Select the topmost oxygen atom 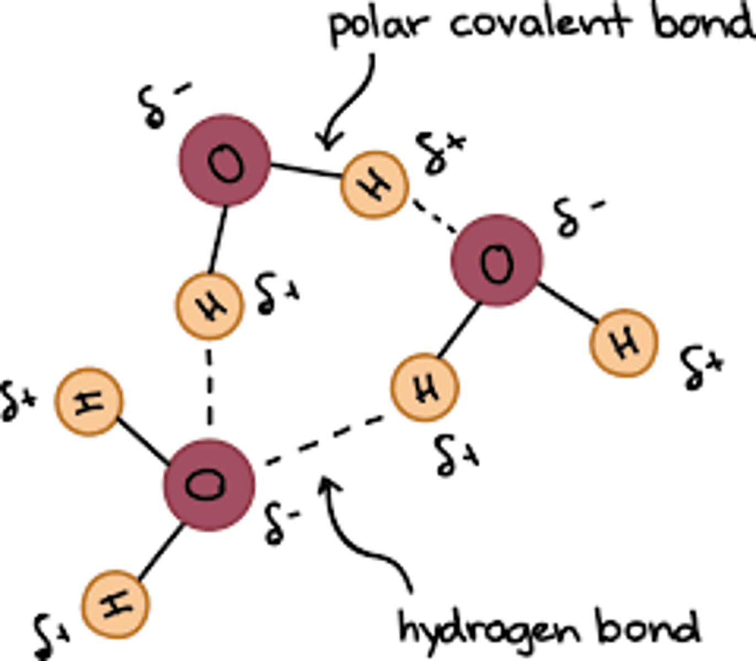coord(225,160)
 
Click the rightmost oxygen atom coord(496,260)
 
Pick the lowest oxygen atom coord(209,485)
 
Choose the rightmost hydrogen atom coord(624,343)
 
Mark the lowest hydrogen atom coord(115,605)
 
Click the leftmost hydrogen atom coord(89,402)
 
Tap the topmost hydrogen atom coord(374,183)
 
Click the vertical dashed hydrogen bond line coord(209,386)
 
